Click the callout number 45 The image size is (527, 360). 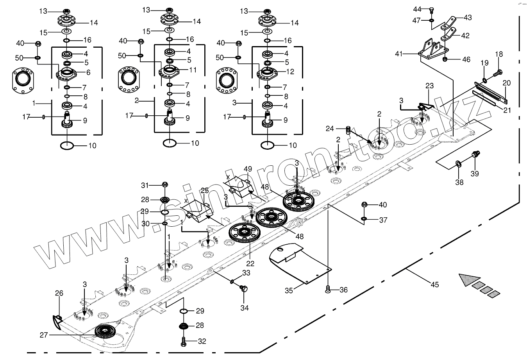[x=435, y=285]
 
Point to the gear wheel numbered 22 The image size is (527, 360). [x=244, y=233]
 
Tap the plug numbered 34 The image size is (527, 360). [x=245, y=289]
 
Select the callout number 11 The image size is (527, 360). [x=193, y=70]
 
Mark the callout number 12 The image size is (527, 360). [x=290, y=72]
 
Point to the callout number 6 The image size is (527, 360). [x=88, y=72]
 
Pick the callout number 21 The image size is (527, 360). [x=507, y=110]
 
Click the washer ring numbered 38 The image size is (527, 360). [x=458, y=163]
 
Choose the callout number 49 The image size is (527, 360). [x=248, y=168]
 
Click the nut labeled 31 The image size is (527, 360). [x=164, y=184]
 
